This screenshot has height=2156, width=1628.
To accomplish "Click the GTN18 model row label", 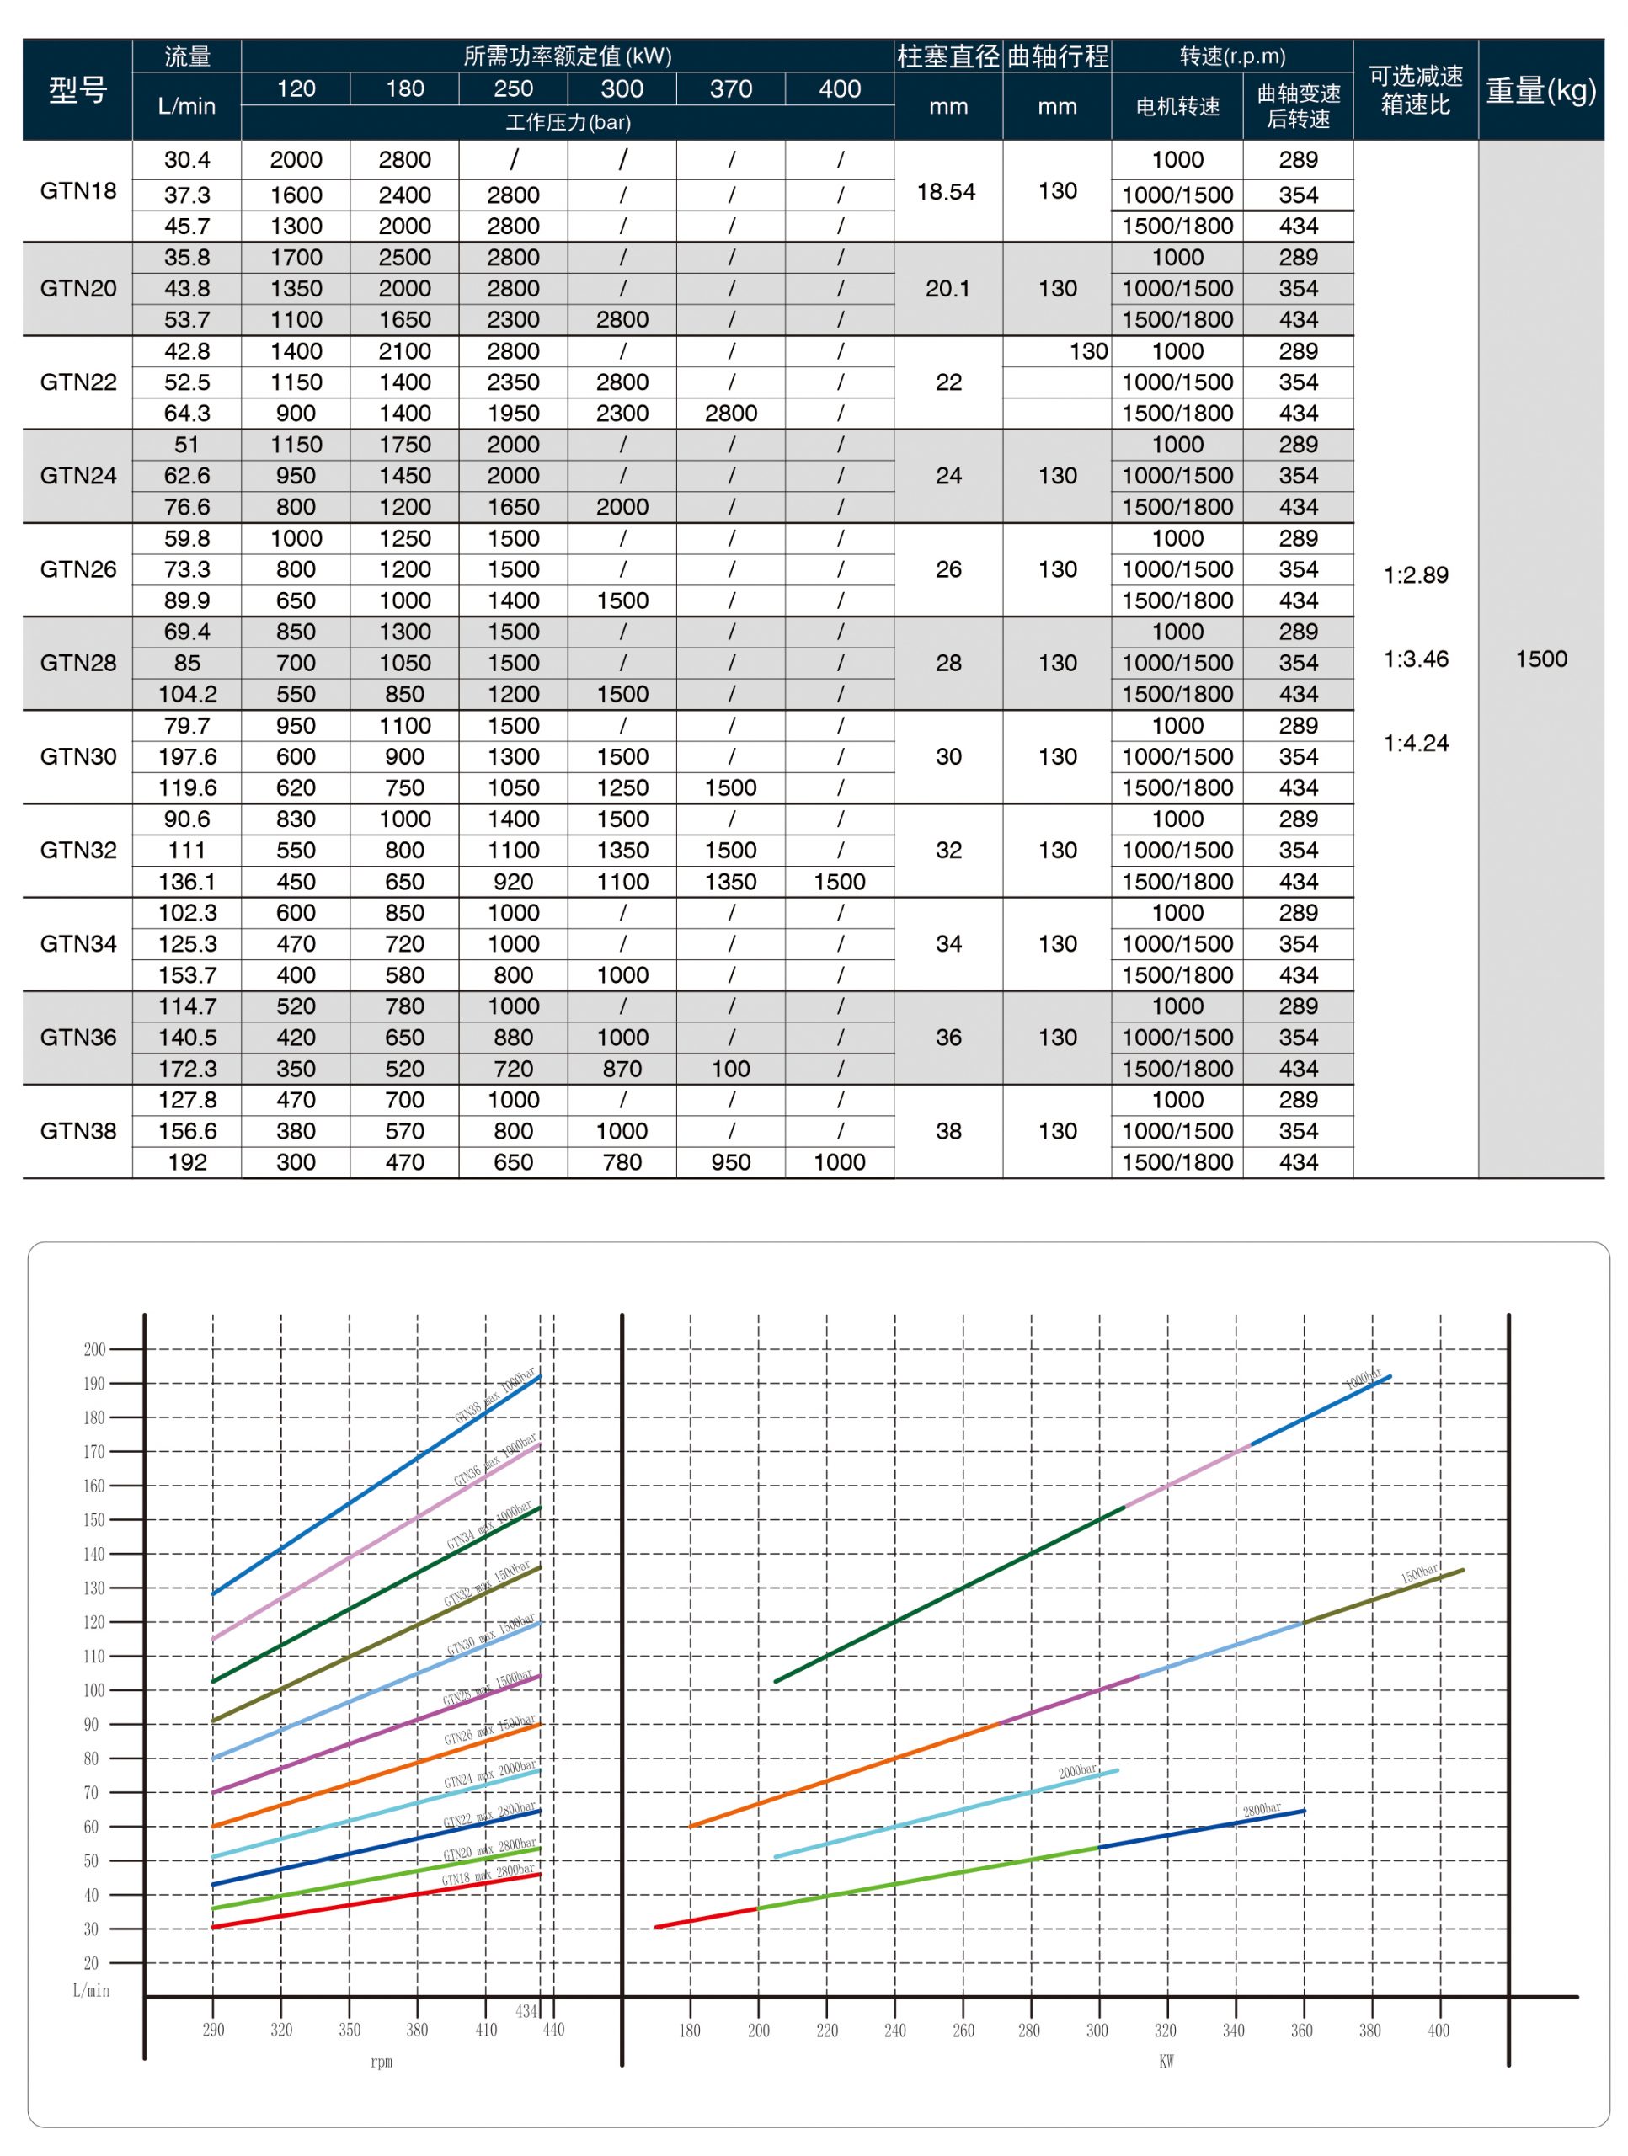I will (x=78, y=191).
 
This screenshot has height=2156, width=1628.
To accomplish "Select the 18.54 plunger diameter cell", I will (x=947, y=192).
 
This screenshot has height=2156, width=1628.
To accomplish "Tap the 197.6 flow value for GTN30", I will (x=187, y=756).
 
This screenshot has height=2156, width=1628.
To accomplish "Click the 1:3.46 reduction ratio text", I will (x=1416, y=659).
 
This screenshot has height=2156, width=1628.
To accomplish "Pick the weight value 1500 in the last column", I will (x=1540, y=659).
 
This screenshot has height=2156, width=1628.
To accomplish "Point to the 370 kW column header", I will (x=730, y=88).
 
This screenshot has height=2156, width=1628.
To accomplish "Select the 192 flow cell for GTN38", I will (x=187, y=1162).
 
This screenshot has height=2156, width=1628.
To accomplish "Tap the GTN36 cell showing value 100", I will (x=730, y=1068).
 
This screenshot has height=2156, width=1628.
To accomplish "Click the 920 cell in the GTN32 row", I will (x=513, y=881).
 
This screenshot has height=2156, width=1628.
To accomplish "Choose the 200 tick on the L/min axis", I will (x=94, y=1350).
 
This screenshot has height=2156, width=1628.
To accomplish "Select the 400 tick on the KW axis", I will (x=1438, y=2031).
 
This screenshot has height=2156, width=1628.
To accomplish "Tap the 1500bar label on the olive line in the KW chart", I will (x=1419, y=1573).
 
